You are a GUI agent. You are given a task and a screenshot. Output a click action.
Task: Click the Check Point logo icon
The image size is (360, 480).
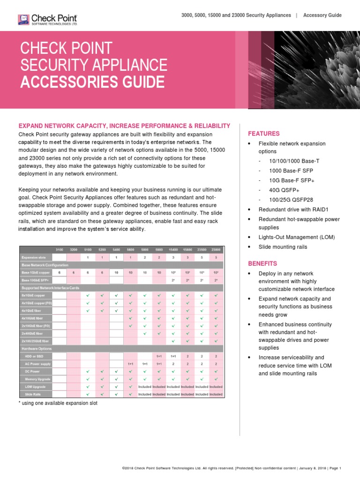pyautogui.click(x=23, y=19)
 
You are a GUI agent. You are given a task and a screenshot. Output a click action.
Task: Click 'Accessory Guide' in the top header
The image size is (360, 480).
pyautogui.click(x=322, y=15)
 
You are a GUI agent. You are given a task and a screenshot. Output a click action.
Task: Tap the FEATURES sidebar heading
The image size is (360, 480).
pyautogui.click(x=263, y=134)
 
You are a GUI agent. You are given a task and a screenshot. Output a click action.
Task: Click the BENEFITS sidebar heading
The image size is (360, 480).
pyautogui.click(x=262, y=263)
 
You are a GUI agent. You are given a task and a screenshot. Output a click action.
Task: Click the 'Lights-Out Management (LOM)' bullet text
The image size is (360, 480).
pyautogui.click(x=297, y=237)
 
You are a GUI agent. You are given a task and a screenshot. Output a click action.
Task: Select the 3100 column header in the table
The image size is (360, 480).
pyautogui.click(x=59, y=249)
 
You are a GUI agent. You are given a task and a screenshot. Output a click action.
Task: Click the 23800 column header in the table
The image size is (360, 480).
pyautogui.click(x=216, y=249)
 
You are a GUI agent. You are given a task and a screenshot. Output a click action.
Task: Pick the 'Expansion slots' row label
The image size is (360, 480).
pyautogui.click(x=34, y=257)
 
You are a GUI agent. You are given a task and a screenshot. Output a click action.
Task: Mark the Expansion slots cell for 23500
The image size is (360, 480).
pyautogui.click(x=202, y=257)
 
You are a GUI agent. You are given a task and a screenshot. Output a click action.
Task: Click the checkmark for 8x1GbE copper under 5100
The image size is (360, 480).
pyautogui.click(x=88, y=295)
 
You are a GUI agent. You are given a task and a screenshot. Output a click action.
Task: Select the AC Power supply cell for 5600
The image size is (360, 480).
pyautogui.click(x=130, y=364)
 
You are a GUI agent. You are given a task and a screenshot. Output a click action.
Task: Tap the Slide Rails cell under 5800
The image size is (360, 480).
pyautogui.click(x=145, y=394)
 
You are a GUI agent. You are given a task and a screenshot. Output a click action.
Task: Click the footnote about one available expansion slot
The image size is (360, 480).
pyautogui.click(x=58, y=403)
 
